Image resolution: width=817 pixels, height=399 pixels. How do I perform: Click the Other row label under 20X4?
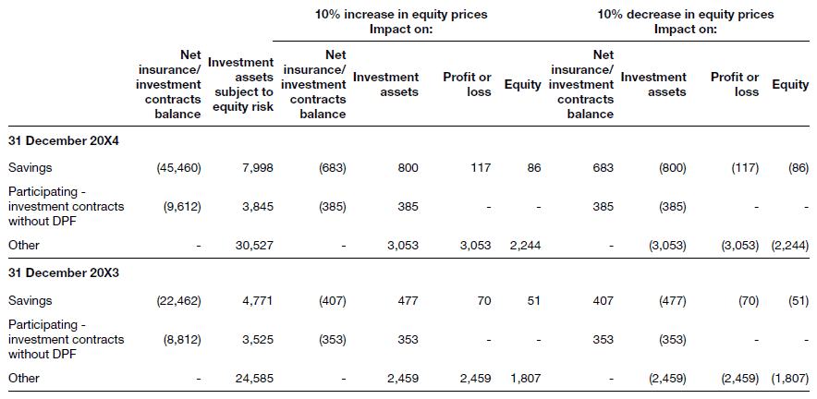coord(24,245)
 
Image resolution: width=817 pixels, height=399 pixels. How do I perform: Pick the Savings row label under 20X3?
coord(30,300)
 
